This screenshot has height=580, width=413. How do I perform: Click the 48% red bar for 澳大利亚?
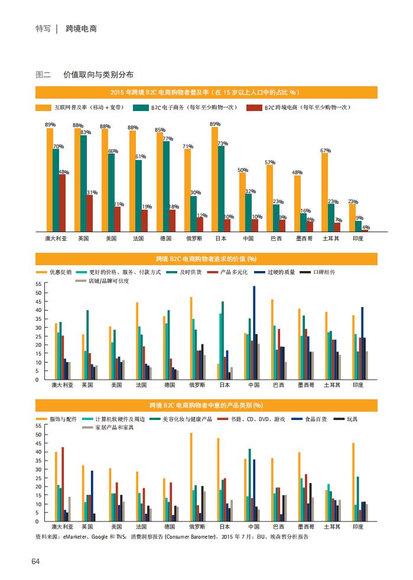click(x=62, y=203)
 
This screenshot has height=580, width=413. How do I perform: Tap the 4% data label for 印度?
click(x=366, y=227)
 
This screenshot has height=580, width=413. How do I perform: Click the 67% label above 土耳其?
click(x=325, y=151)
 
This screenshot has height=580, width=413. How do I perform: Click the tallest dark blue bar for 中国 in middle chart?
click(x=254, y=333)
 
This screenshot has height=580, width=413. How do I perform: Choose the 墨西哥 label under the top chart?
click(x=304, y=239)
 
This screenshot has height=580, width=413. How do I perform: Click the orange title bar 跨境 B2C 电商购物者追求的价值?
click(x=206, y=259)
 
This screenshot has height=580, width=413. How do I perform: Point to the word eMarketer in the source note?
click(x=75, y=537)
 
